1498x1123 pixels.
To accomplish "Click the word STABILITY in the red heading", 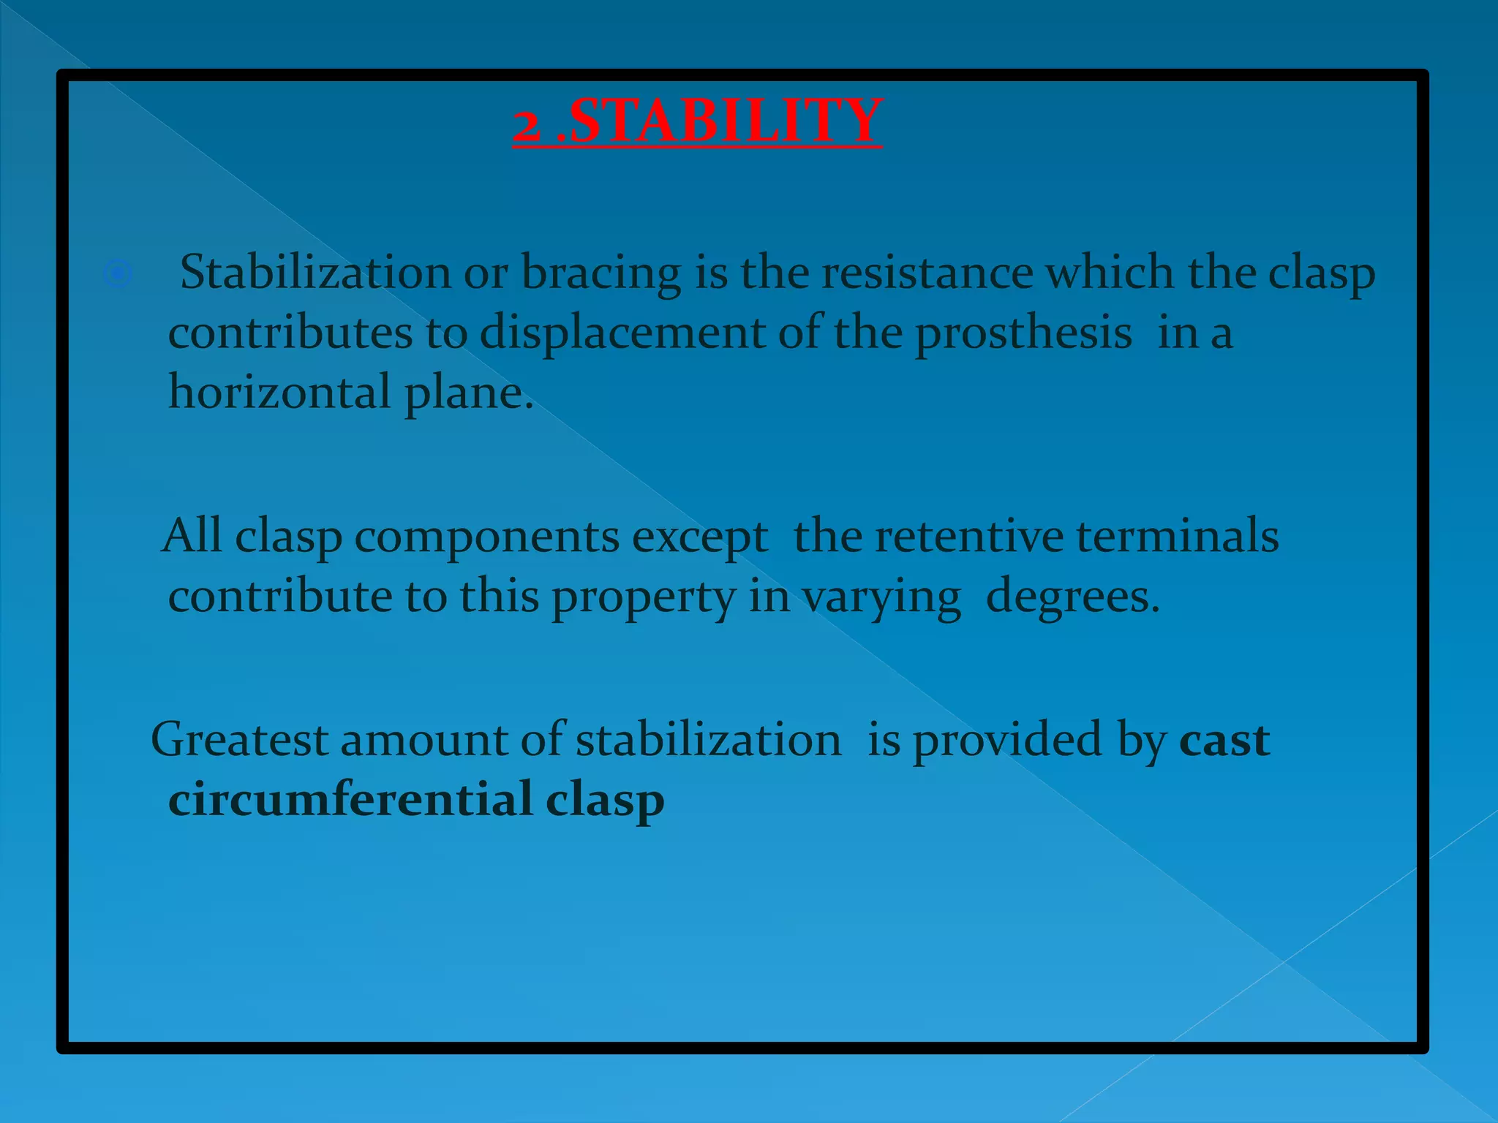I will [725, 121].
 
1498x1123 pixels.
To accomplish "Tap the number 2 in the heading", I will [526, 124].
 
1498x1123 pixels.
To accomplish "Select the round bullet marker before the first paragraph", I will [117, 274].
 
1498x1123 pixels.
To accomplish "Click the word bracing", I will [601, 273].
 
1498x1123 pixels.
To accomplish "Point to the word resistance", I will [927, 272].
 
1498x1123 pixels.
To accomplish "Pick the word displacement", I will [622, 333].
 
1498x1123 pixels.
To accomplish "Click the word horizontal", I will [279, 392].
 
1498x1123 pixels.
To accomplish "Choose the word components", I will [487, 537].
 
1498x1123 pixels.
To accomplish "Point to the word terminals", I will [1178, 536].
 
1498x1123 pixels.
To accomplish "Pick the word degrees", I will [1072, 597].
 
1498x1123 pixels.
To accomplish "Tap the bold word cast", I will [1224, 741].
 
